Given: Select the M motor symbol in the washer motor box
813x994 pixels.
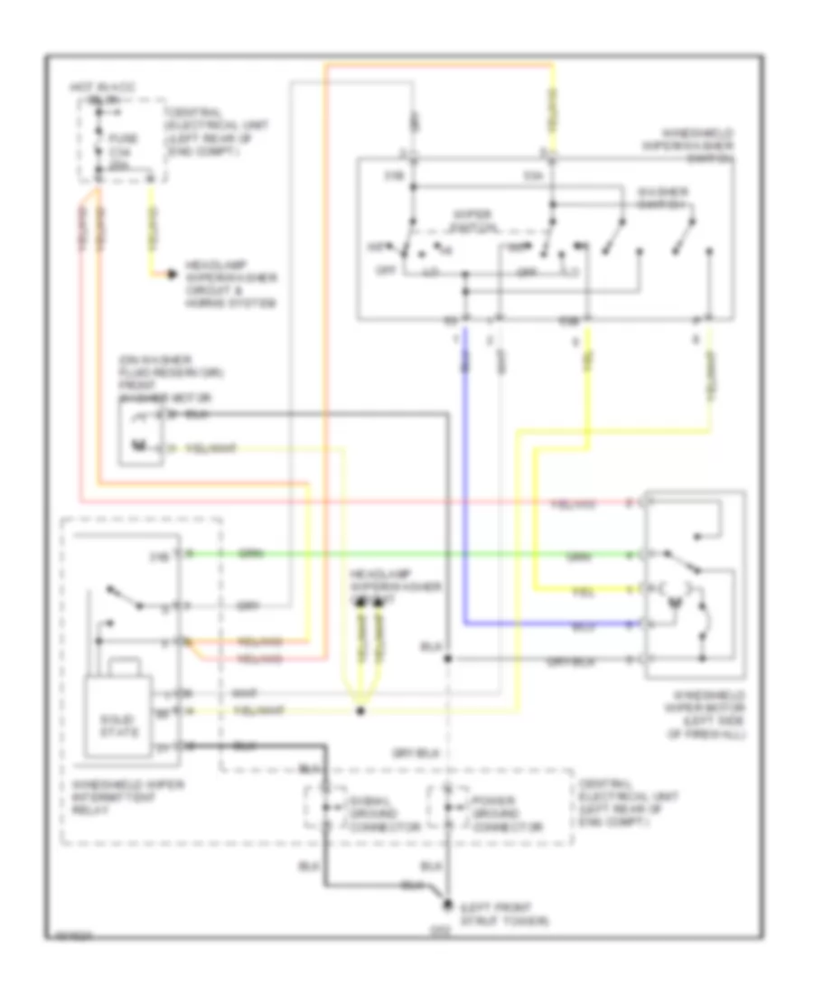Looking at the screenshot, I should tap(138, 445).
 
